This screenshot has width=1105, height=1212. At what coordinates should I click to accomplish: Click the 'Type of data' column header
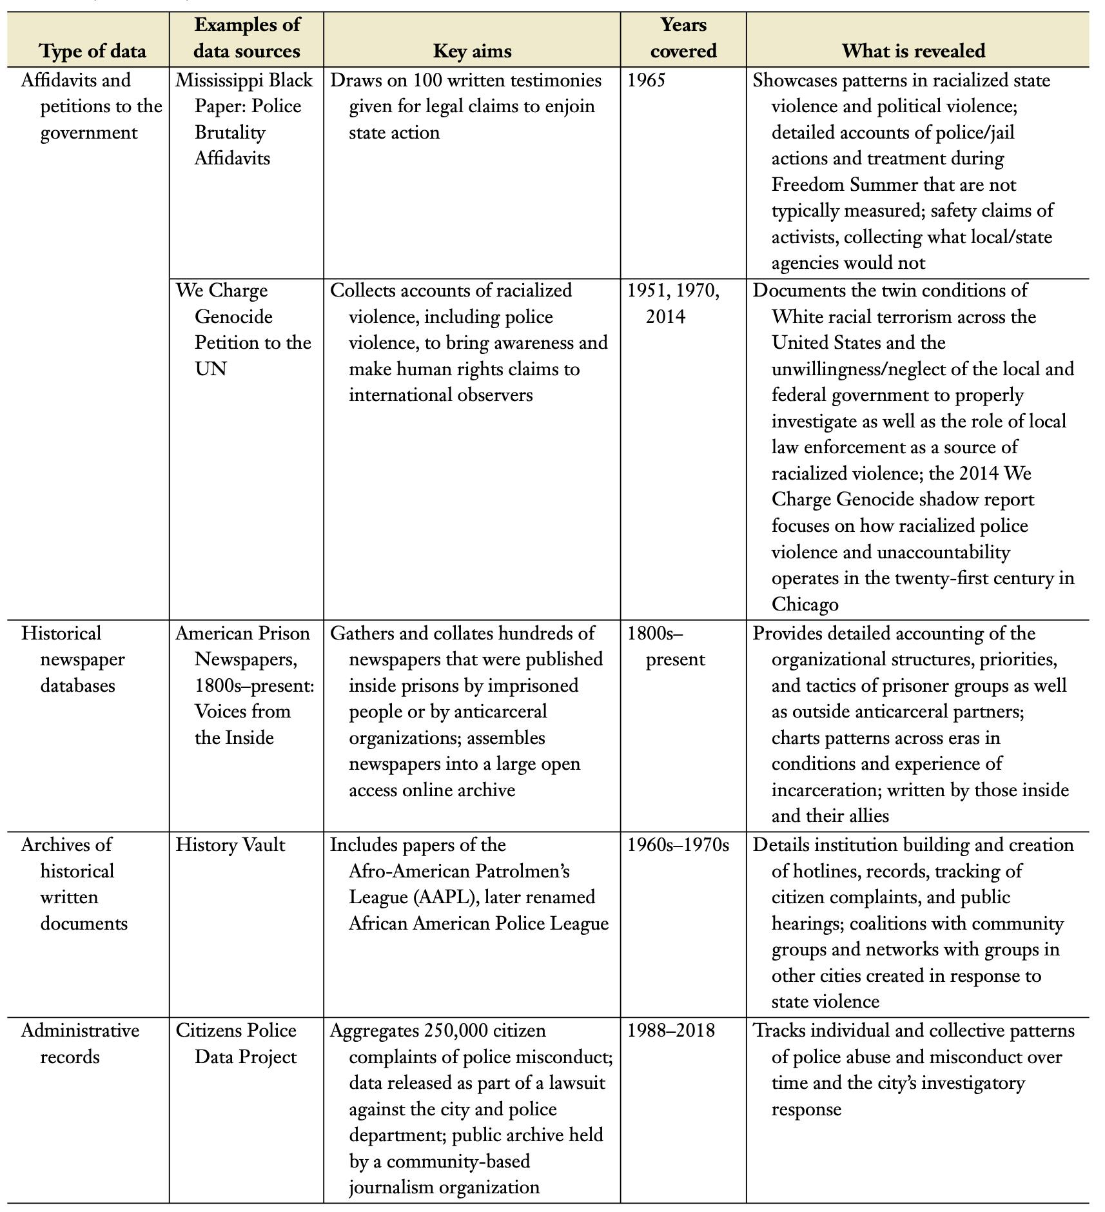coord(93,51)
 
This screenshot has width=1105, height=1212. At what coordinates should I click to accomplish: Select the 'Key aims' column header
coord(472,51)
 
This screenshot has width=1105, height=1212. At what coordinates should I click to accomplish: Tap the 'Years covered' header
coord(683,38)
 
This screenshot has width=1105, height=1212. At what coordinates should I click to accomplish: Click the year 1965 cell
coord(646,81)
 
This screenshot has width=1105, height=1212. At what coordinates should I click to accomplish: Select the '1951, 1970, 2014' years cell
coord(673,304)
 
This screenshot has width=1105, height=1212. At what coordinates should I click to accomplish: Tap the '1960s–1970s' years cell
coord(678,845)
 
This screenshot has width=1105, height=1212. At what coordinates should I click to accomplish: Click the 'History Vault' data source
coord(230,845)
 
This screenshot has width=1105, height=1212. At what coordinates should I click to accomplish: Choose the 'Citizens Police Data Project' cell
coord(237,1043)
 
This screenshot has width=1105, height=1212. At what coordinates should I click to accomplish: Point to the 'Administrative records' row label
coord(80,1043)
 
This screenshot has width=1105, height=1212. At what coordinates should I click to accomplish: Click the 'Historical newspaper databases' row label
coord(73,659)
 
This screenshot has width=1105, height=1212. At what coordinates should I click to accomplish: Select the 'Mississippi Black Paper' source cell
coord(244,119)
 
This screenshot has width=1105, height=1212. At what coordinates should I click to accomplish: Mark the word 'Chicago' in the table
coord(805,604)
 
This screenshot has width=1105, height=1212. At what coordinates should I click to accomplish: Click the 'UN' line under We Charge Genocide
coord(210,369)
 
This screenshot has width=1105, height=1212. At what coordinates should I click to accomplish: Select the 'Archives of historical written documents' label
coord(74,884)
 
